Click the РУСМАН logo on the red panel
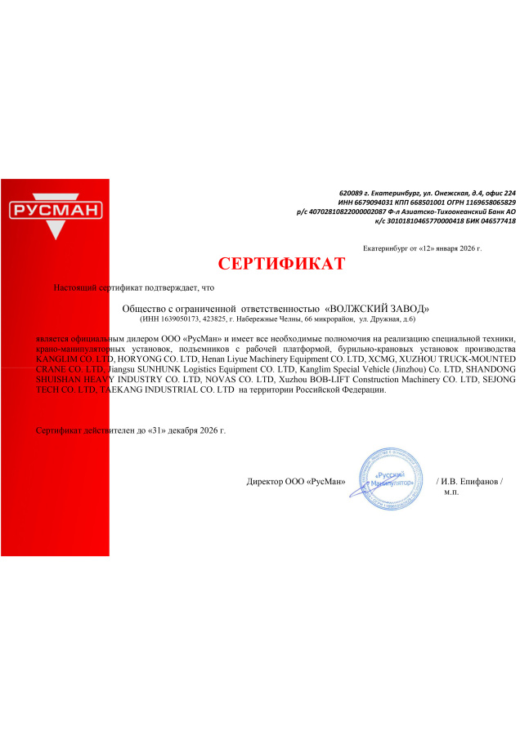point(55,211)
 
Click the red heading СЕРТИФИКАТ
point(281,264)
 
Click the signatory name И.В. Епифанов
point(472,482)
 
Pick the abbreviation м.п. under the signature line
point(451,492)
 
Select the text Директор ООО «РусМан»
point(296,482)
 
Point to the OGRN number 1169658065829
point(490,201)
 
